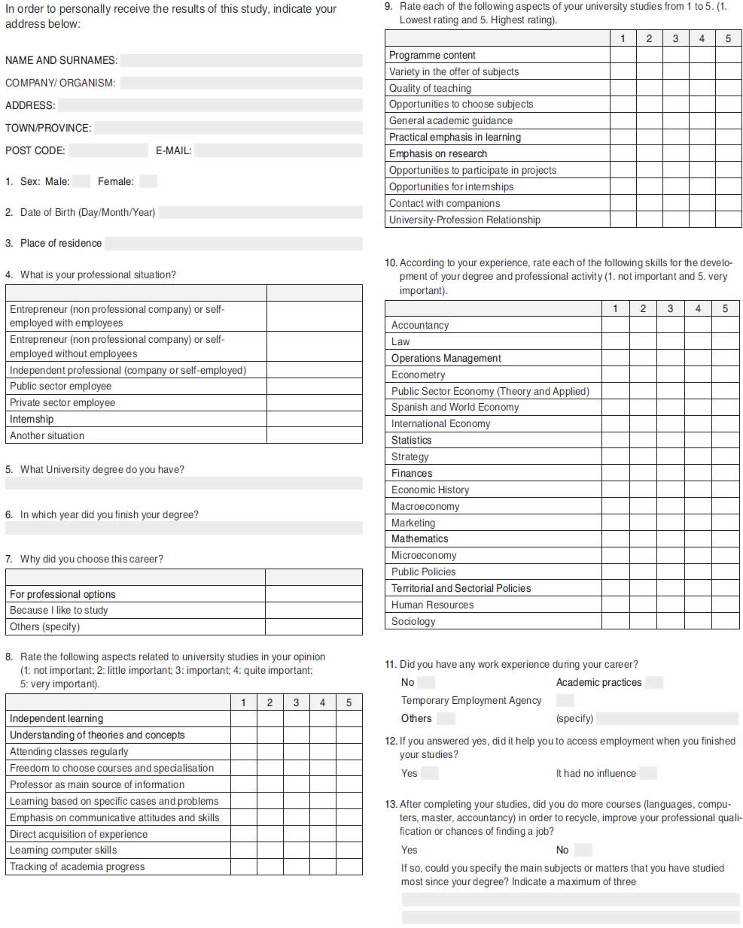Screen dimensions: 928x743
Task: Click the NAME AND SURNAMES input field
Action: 241,60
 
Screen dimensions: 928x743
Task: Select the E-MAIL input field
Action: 278,150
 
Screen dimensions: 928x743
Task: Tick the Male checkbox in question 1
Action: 81,181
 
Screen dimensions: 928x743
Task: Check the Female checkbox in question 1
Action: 148,181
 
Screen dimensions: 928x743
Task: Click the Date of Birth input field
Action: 260,213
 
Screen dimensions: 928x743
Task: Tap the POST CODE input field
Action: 108,150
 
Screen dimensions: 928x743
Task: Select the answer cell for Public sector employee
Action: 314,387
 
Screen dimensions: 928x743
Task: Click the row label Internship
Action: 32,419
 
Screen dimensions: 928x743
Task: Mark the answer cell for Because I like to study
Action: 313,610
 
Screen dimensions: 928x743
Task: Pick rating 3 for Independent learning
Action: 296,719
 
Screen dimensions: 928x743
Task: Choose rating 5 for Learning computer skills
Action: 349,851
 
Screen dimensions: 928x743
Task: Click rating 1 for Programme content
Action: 623,55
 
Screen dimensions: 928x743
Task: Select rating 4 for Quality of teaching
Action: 702,88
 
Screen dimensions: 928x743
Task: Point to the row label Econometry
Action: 418,375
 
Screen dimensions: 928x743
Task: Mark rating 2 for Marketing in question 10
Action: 643,523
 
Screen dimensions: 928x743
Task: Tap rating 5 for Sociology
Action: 725,622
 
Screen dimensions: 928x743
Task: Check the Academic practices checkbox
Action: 654,682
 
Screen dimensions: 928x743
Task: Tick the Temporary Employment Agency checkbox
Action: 565,700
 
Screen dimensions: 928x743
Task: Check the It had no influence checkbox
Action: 647,773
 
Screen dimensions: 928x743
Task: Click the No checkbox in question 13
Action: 583,850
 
